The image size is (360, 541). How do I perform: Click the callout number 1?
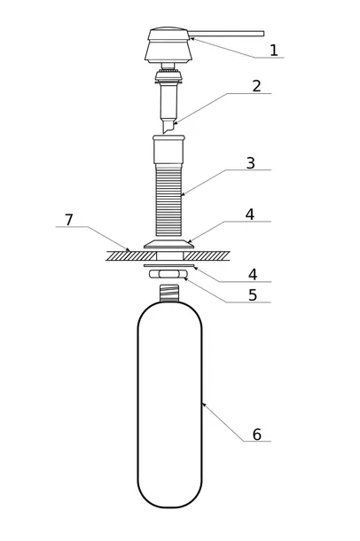(x=273, y=50)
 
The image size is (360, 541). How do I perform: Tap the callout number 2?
(x=256, y=86)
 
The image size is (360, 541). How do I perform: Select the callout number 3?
(x=251, y=163)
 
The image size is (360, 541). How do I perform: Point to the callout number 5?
(x=253, y=295)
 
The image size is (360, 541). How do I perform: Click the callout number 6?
(x=257, y=435)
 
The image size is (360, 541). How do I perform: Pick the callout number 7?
(x=69, y=220)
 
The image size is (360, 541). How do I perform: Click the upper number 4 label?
(x=250, y=215)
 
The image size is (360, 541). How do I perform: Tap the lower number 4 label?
(x=253, y=275)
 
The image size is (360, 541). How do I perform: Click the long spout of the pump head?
(x=227, y=34)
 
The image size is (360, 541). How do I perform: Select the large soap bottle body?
(x=169, y=404)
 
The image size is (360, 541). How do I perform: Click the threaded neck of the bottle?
(x=169, y=294)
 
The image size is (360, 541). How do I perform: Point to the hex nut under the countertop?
(x=168, y=274)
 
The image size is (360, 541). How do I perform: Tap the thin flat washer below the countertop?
(x=169, y=265)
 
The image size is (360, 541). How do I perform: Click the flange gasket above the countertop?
(x=169, y=244)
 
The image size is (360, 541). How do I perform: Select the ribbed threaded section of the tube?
(x=169, y=200)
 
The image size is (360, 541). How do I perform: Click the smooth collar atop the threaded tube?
(x=168, y=150)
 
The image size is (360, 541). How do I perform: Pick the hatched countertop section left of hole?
(x=131, y=255)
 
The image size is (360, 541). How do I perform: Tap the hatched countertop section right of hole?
(x=207, y=255)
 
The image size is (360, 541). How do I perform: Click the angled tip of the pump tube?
(x=168, y=127)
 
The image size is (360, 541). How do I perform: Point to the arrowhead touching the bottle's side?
(x=203, y=404)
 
